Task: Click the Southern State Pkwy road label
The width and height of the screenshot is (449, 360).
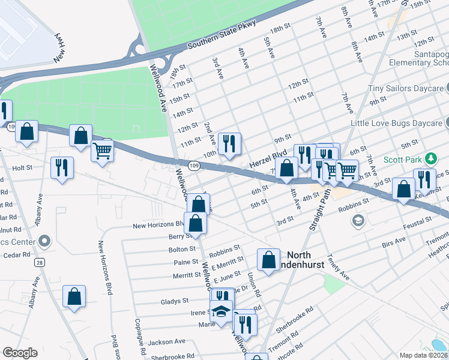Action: [x=221, y=35]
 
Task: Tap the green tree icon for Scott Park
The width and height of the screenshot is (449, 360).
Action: [x=430, y=159]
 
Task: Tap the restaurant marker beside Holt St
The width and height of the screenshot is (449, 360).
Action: [x=62, y=167]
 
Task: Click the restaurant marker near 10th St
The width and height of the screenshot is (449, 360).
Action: [x=229, y=144]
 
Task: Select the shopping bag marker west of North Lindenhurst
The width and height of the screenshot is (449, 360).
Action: [x=268, y=260]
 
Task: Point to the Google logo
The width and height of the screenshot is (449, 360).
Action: [x=20, y=352]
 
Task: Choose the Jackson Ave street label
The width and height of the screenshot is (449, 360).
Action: [x=167, y=342]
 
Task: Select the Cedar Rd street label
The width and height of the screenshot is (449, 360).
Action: [x=16, y=255]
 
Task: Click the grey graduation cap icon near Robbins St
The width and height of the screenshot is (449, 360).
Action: [x=358, y=221]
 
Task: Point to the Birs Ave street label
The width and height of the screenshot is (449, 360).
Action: [x=394, y=243]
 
